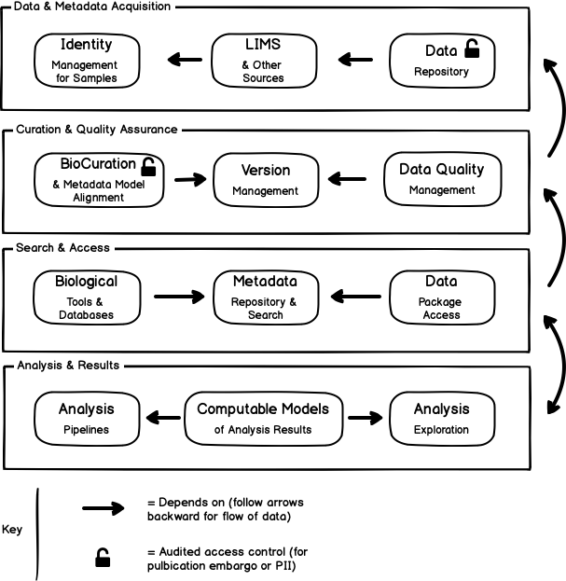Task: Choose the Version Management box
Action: pos(266,180)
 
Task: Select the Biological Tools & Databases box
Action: pos(89,297)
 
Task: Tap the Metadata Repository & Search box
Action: pos(265,297)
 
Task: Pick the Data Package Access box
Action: pos(442,297)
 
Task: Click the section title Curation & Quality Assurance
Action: pos(96,130)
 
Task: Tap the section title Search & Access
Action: pos(62,248)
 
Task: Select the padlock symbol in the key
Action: pos(103,558)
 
